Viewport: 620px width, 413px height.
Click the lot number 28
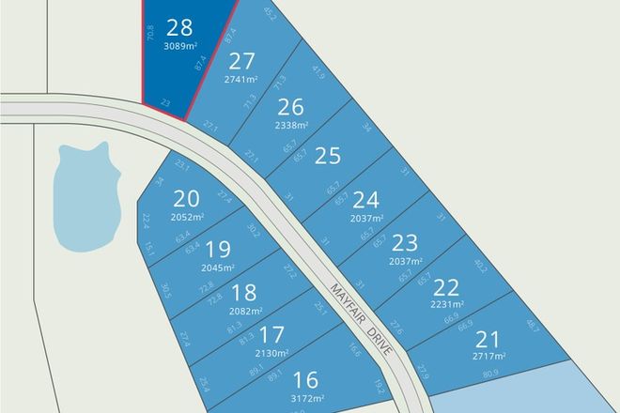click(x=178, y=25)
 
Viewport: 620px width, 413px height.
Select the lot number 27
click(x=242, y=63)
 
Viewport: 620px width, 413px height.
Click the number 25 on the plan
click(x=327, y=156)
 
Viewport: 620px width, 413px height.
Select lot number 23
click(x=404, y=241)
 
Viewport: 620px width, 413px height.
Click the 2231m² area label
click(x=449, y=304)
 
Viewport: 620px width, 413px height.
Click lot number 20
click(x=187, y=199)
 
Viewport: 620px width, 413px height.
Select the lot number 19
click(x=217, y=249)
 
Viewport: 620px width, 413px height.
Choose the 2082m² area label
click(x=244, y=311)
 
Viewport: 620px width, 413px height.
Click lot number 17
click(x=272, y=334)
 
